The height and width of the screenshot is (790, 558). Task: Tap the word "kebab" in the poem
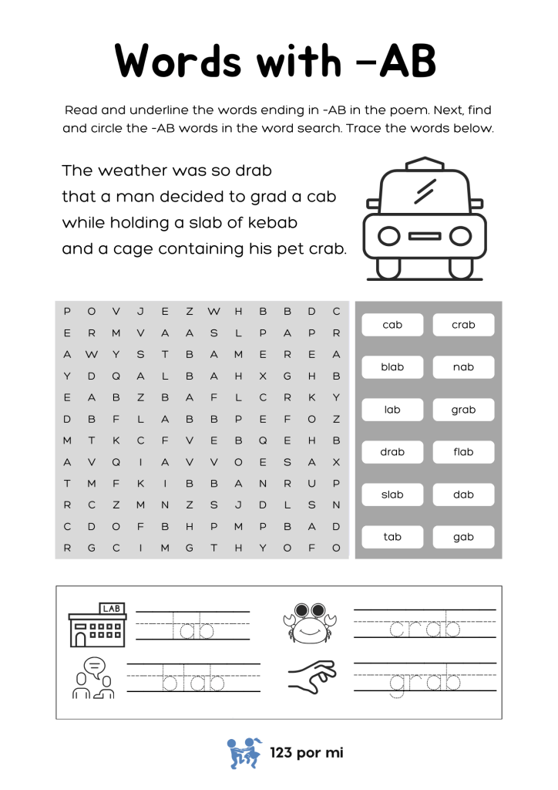pos(273,223)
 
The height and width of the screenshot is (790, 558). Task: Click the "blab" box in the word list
pos(392,367)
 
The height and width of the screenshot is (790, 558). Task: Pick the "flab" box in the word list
pos(463,452)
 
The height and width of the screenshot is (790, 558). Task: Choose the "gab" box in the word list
pos(463,537)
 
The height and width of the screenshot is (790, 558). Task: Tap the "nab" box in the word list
pos(463,367)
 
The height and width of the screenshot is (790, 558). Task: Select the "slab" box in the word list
pos(392,495)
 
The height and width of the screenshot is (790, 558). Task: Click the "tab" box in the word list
pos(392,537)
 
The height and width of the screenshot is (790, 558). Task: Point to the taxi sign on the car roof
pos(425,164)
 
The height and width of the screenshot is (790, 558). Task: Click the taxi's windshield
pos(425,191)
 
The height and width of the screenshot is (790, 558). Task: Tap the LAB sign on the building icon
pos(111,609)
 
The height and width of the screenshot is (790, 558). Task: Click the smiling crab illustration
pos(311,622)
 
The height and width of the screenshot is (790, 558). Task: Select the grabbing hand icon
pos(312,676)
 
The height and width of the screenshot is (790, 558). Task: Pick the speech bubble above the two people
pos(94,664)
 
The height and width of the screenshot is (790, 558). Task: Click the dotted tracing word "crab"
pos(425,630)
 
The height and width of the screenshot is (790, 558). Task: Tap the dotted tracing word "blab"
pos(193,683)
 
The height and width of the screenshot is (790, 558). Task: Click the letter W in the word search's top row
pos(213,312)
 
